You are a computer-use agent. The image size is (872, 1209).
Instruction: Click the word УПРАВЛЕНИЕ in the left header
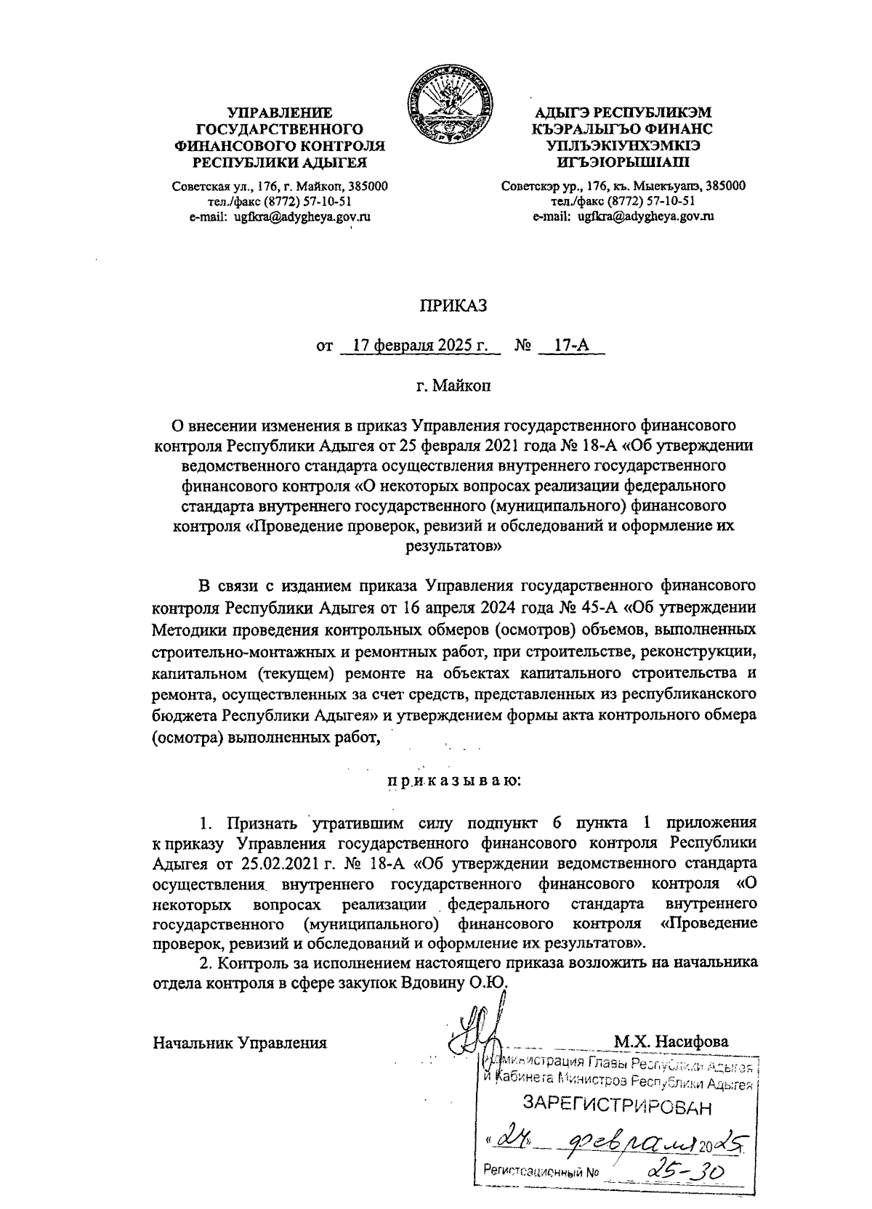(280, 113)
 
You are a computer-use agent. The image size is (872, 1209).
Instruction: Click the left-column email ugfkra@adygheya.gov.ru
(280, 217)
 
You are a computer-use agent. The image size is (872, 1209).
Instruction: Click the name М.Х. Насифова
(671, 1042)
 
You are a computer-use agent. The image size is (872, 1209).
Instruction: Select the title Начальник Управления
(240, 1043)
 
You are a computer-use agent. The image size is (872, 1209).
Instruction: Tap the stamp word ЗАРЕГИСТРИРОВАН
(618, 1107)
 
